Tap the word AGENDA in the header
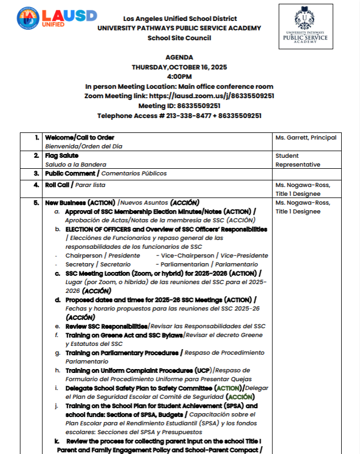click(x=179, y=57)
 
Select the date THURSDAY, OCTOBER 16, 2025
click(x=179, y=67)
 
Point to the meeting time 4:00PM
click(x=179, y=76)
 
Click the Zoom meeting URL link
click(x=212, y=96)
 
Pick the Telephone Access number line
click(x=179, y=116)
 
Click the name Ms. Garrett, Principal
click(x=306, y=137)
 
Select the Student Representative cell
click(x=298, y=160)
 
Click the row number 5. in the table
click(x=36, y=202)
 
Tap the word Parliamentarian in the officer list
click(x=187, y=264)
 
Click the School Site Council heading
click(x=179, y=38)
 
